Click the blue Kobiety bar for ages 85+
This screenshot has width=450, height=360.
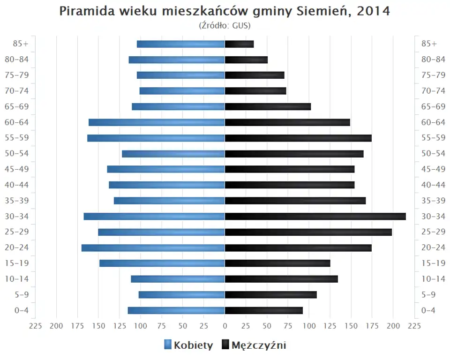pyautogui.click(x=181, y=44)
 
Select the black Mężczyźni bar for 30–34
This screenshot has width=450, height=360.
pyautogui.click(x=315, y=216)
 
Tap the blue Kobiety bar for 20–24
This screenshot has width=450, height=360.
pyautogui.click(x=153, y=247)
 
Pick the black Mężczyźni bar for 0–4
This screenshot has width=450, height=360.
pyautogui.click(x=263, y=310)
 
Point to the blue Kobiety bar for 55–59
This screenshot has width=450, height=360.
pyautogui.click(x=156, y=138)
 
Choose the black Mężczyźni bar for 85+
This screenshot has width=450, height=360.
pyautogui.click(x=239, y=44)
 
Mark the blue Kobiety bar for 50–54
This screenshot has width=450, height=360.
pyautogui.click(x=173, y=154)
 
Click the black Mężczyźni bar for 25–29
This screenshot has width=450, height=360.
pyautogui.click(x=308, y=232)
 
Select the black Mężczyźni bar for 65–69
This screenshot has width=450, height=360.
pyautogui.click(x=268, y=106)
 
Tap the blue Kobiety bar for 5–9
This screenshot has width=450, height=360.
pyautogui.click(x=182, y=294)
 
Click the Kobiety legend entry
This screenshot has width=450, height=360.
pyautogui.click(x=188, y=345)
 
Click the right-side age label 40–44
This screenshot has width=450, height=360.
pyautogui.click(x=433, y=185)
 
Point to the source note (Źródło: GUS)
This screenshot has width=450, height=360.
pyautogui.click(x=225, y=25)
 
